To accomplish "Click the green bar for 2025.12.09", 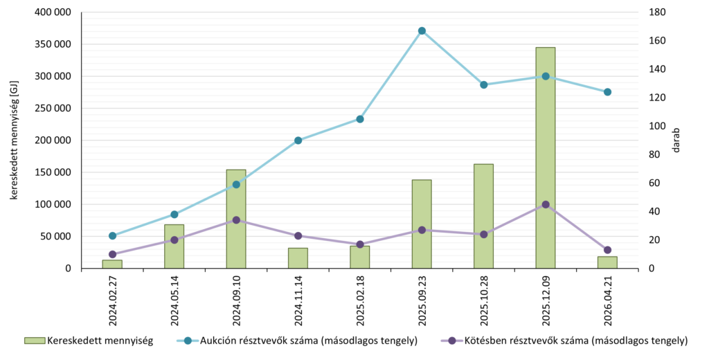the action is [546, 158].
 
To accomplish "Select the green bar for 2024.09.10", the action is [236, 219].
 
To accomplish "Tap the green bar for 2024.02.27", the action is [112, 264].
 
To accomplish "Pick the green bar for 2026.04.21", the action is [607, 263].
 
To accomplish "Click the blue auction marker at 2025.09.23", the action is [422, 30].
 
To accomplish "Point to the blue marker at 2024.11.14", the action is [298, 141].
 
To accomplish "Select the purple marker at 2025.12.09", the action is [546, 204].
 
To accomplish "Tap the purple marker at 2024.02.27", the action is [112, 254].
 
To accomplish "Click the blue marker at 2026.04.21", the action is [607, 92].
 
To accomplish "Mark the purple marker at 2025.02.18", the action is [360, 244].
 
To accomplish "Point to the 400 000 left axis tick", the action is [53, 12].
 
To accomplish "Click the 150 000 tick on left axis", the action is [53, 172].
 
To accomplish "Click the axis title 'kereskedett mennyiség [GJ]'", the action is [14, 141].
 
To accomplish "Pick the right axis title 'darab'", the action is [676, 141].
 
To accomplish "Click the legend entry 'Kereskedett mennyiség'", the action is [89, 341].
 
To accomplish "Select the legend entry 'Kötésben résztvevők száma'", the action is [564, 341].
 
